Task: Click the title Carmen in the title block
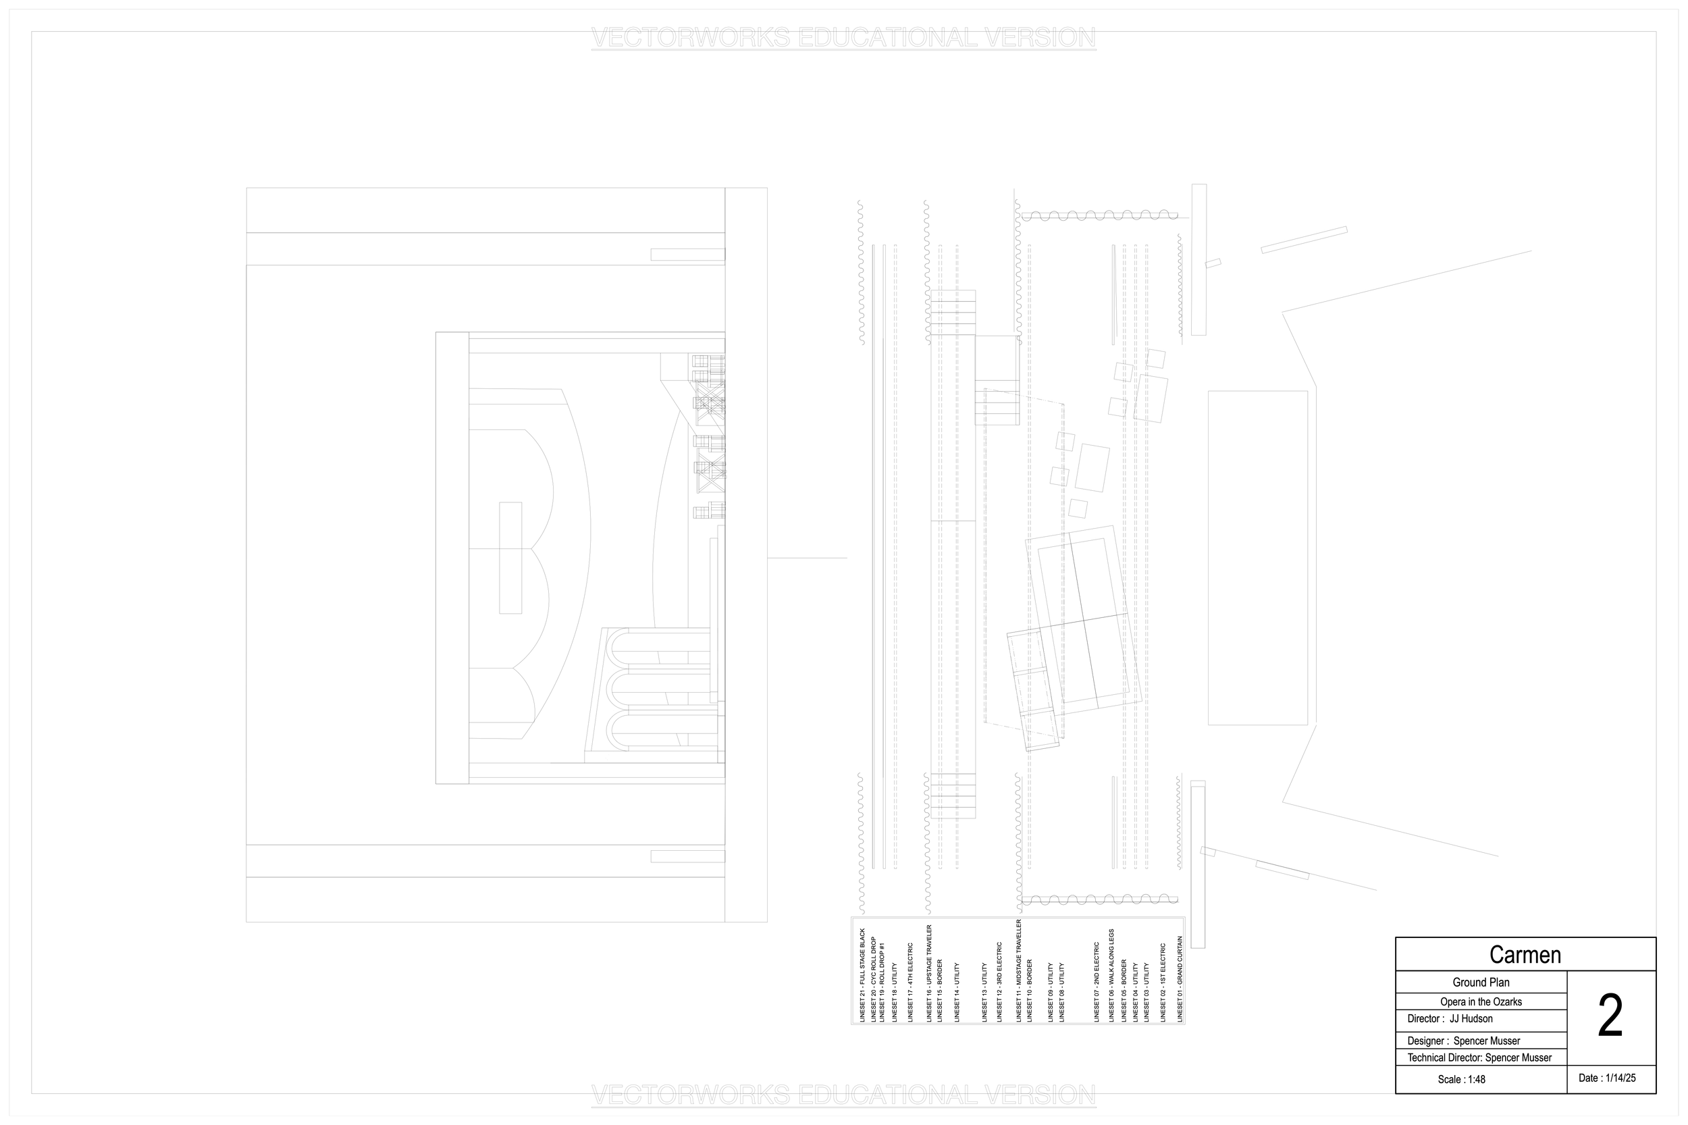click(1525, 955)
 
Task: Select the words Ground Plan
click(1481, 983)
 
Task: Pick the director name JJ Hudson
click(1471, 1019)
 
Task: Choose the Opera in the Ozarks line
click(1481, 1001)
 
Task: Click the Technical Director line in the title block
click(1479, 1057)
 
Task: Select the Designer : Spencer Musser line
click(1463, 1041)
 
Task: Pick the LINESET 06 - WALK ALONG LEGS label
click(1112, 976)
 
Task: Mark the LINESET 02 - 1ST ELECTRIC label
click(1163, 983)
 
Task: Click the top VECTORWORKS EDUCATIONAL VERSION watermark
click(843, 37)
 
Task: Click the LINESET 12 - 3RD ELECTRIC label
click(999, 983)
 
